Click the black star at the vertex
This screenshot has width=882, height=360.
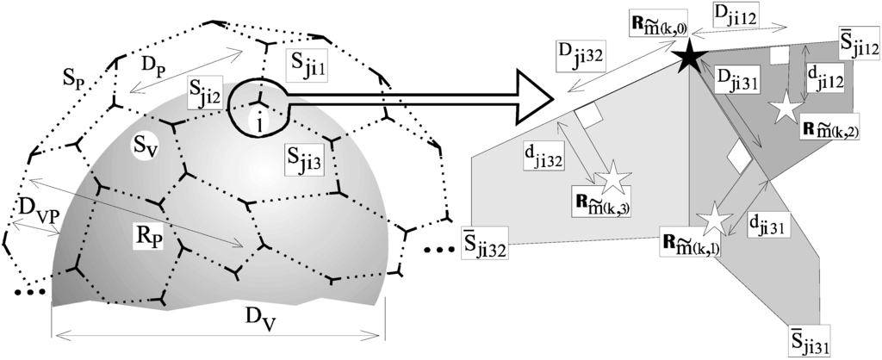pos(688,59)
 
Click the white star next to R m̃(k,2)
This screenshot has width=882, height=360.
pos(786,110)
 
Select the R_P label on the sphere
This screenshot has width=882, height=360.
pos(148,236)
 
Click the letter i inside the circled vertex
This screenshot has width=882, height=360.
pos(259,124)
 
